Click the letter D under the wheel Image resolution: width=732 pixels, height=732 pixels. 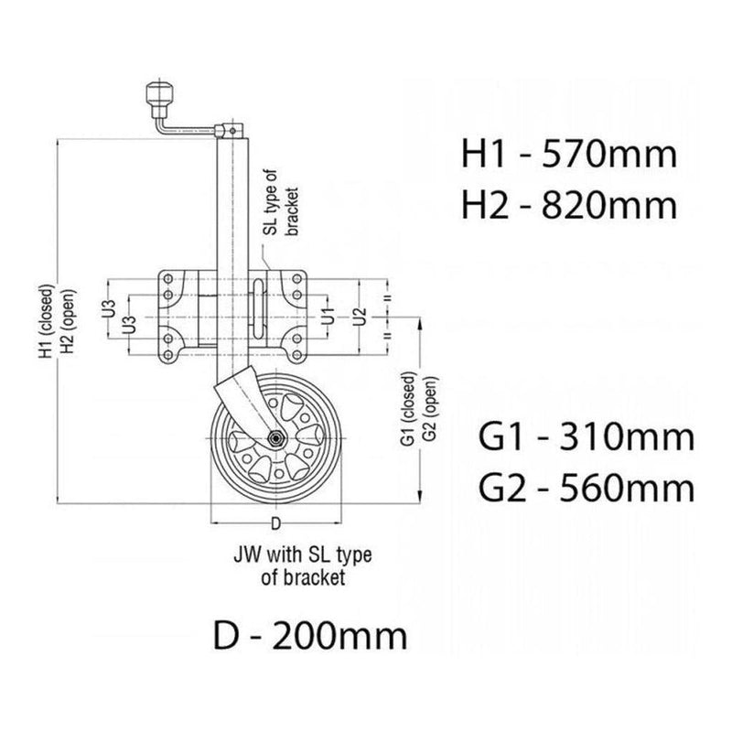pos(275,524)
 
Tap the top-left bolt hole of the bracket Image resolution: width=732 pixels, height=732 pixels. pos(168,277)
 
